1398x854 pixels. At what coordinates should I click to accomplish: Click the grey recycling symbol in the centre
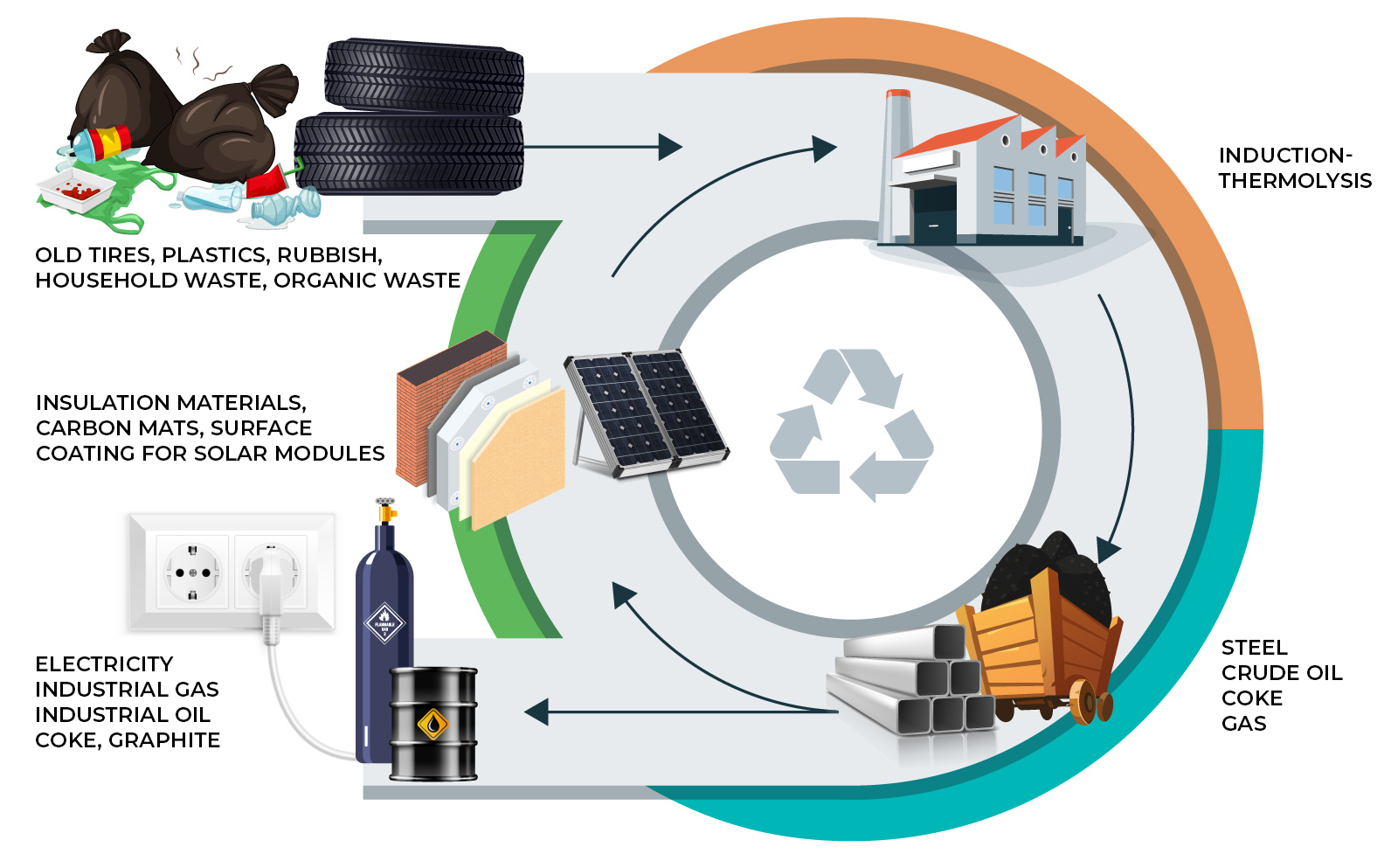[851, 426]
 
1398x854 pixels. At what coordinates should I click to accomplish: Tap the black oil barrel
[433, 723]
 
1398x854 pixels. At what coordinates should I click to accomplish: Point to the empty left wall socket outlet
[192, 573]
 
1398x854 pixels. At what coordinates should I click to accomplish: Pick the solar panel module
[647, 411]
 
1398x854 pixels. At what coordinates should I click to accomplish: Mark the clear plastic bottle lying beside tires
[288, 206]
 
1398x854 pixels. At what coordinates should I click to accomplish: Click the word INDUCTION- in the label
[1284, 156]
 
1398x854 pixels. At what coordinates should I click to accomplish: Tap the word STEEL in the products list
[1254, 648]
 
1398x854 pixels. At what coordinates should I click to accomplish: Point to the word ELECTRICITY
[104, 664]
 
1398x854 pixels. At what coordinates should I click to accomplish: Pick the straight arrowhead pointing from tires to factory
[668, 147]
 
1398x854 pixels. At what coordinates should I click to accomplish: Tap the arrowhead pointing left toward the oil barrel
[536, 712]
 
